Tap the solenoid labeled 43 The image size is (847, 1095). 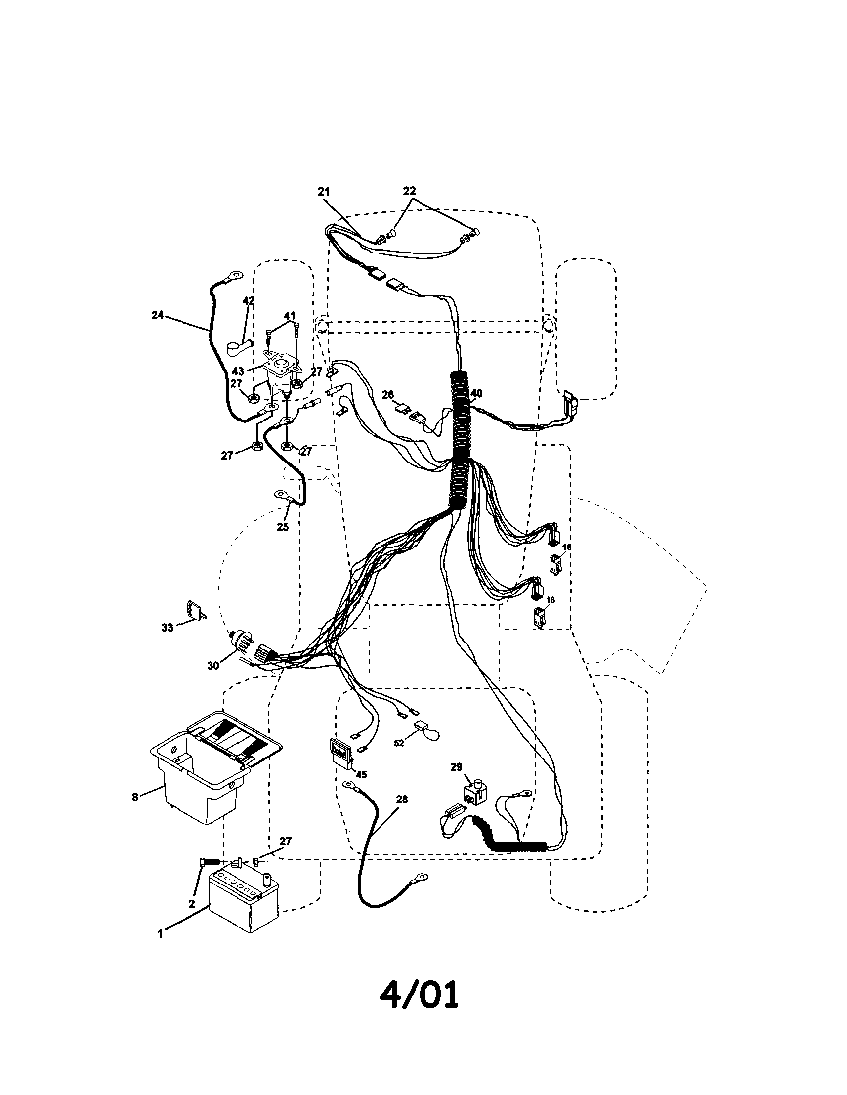click(x=280, y=375)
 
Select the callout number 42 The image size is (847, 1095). click(x=248, y=301)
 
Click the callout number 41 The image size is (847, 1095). click(x=290, y=316)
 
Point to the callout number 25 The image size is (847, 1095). click(x=283, y=526)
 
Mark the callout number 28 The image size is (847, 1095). click(x=402, y=799)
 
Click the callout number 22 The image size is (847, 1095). click(x=409, y=192)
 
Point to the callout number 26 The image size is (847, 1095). click(x=387, y=395)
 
